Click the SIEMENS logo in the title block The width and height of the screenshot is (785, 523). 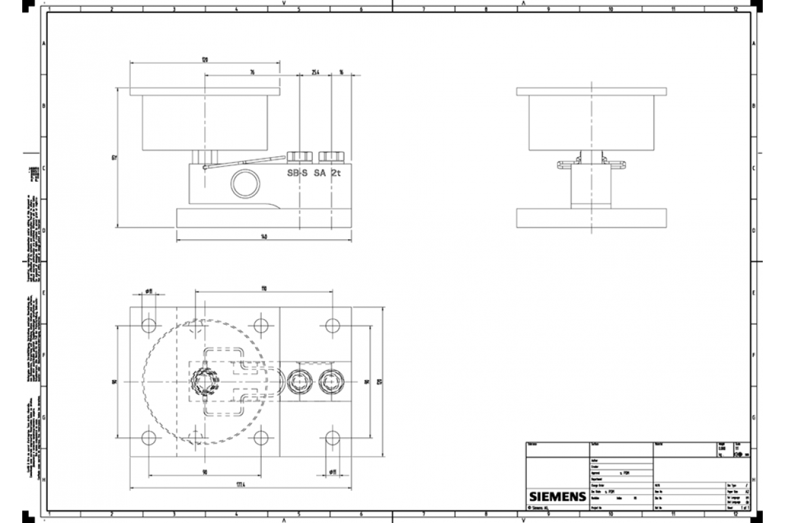pyautogui.click(x=556, y=496)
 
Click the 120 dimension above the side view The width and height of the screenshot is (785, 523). pyautogui.click(x=205, y=59)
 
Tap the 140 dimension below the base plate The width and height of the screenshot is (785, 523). pyautogui.click(x=264, y=237)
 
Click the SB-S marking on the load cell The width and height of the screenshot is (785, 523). pyautogui.click(x=297, y=173)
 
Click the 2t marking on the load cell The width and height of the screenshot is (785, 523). pyautogui.click(x=336, y=173)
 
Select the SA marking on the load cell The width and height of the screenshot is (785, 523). pyautogui.click(x=320, y=173)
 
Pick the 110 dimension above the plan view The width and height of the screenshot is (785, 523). pyautogui.click(x=264, y=288)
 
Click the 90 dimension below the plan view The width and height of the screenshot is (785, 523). pyautogui.click(x=205, y=471)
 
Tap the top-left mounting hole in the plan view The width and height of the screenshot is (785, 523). pyautogui.click(x=149, y=324)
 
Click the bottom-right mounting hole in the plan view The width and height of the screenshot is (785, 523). pyautogui.click(x=332, y=437)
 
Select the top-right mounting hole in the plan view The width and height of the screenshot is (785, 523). pyautogui.click(x=332, y=324)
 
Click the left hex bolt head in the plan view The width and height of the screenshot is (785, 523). pyautogui.click(x=300, y=380)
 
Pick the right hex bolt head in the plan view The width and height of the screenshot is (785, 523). pyautogui.click(x=330, y=380)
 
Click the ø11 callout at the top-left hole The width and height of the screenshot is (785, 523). pyautogui.click(x=149, y=291)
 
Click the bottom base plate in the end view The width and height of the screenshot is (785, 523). pyautogui.click(x=591, y=218)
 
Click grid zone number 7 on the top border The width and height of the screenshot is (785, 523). pyautogui.click(x=423, y=9)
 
